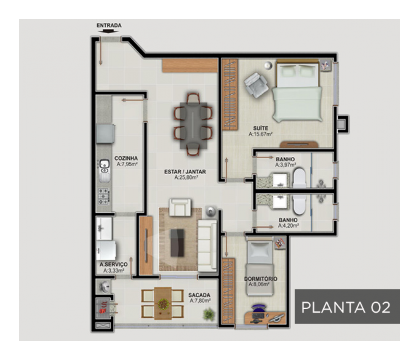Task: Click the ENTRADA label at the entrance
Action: pyautogui.click(x=109, y=26)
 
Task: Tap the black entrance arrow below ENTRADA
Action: pyautogui.click(x=108, y=31)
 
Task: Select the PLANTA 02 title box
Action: pyautogui.click(x=347, y=307)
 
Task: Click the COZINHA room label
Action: pyautogui.click(x=126, y=158)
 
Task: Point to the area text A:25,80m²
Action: pyautogui.click(x=186, y=178)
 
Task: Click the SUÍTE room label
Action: pyautogui.click(x=261, y=129)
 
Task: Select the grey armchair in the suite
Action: pyautogui.click(x=256, y=85)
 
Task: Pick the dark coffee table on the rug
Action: pyautogui.click(x=178, y=243)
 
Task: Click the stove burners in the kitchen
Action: pyautogui.click(x=104, y=196)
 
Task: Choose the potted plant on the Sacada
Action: pyautogui.click(x=209, y=314)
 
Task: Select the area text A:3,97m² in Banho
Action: pyautogui.click(x=285, y=165)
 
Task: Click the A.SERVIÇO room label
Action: pyautogui.click(x=114, y=264)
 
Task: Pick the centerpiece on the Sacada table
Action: pyautogui.click(x=163, y=304)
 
